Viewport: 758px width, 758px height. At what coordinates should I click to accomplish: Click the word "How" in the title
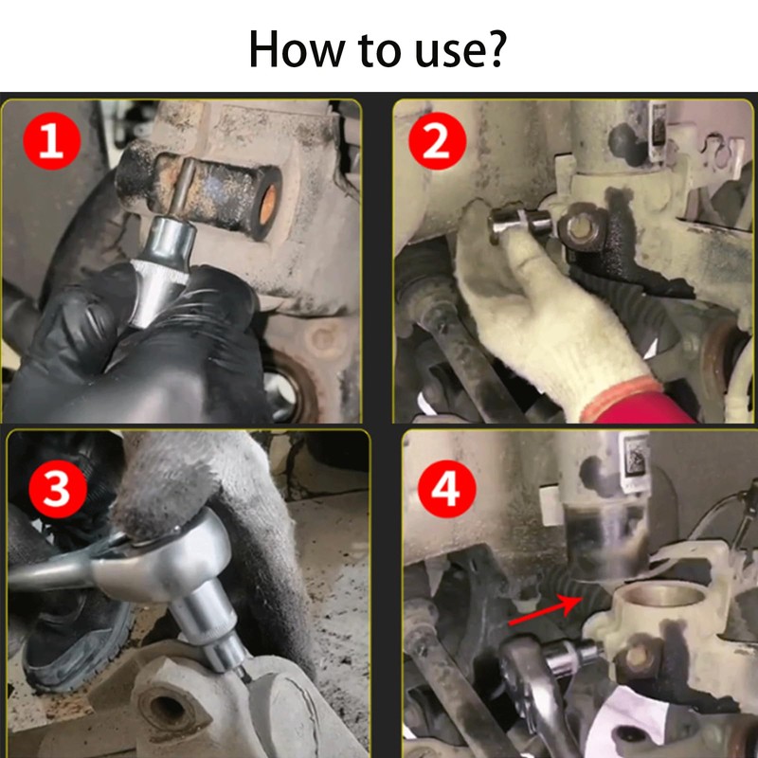point(297,49)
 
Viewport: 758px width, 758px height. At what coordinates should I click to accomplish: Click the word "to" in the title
point(380,50)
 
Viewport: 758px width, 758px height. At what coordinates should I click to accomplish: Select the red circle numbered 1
point(51,141)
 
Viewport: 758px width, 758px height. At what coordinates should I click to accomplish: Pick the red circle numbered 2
point(438,141)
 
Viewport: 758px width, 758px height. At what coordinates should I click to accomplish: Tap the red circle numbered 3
point(58,489)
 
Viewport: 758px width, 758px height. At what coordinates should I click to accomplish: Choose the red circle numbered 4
point(446,489)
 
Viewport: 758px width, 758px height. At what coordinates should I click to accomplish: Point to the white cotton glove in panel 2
point(547,315)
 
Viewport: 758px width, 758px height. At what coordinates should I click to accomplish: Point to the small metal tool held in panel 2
point(519,224)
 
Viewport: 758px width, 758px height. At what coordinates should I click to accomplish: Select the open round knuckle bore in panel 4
point(661,595)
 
